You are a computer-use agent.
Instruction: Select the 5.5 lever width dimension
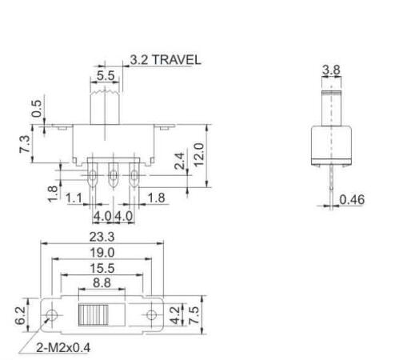coord(105,75)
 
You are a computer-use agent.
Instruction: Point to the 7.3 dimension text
coord(26,145)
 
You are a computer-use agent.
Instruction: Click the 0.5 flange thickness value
coord(37,109)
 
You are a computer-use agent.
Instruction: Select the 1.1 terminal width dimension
coord(74,198)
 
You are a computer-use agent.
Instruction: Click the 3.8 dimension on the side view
coord(330,71)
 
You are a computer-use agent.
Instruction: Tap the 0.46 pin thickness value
coord(352,199)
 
